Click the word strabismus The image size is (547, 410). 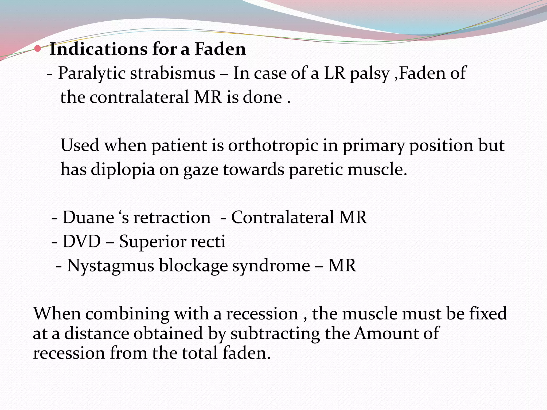click(x=173, y=73)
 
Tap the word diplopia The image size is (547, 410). click(x=123, y=170)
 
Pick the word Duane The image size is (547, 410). click(x=88, y=217)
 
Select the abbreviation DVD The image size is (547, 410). click(x=81, y=242)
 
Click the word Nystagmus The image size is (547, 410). click(x=110, y=266)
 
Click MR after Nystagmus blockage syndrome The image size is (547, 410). click(x=342, y=266)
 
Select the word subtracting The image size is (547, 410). click(x=275, y=334)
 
